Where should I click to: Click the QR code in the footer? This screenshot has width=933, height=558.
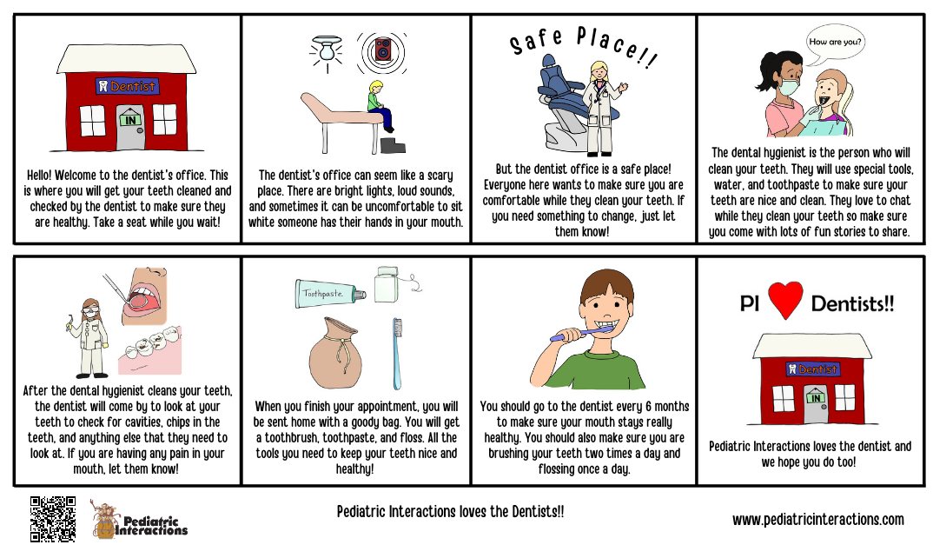pyautogui.click(x=53, y=519)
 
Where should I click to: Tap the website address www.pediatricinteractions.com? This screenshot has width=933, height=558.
pyautogui.click(x=817, y=520)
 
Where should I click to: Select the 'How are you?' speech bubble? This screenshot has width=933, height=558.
pyautogui.click(x=836, y=42)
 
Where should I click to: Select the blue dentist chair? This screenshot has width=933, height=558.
pyautogui.click(x=558, y=96)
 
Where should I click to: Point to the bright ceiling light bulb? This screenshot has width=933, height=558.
pyautogui.click(x=327, y=53)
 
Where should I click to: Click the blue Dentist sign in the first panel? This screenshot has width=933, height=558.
pyautogui.click(x=127, y=86)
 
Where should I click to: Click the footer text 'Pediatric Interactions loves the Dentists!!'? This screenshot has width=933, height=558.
pyautogui.click(x=450, y=512)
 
